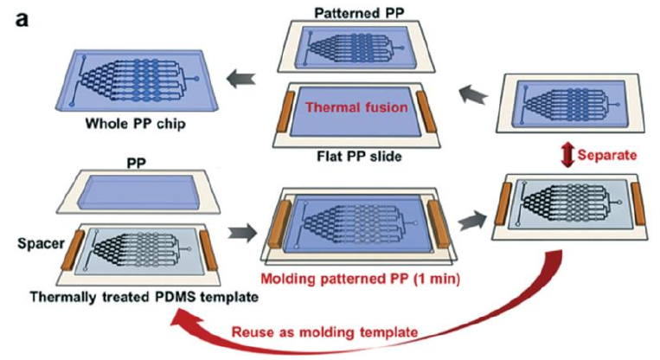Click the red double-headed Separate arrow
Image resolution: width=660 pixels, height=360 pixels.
[x=568, y=157]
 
